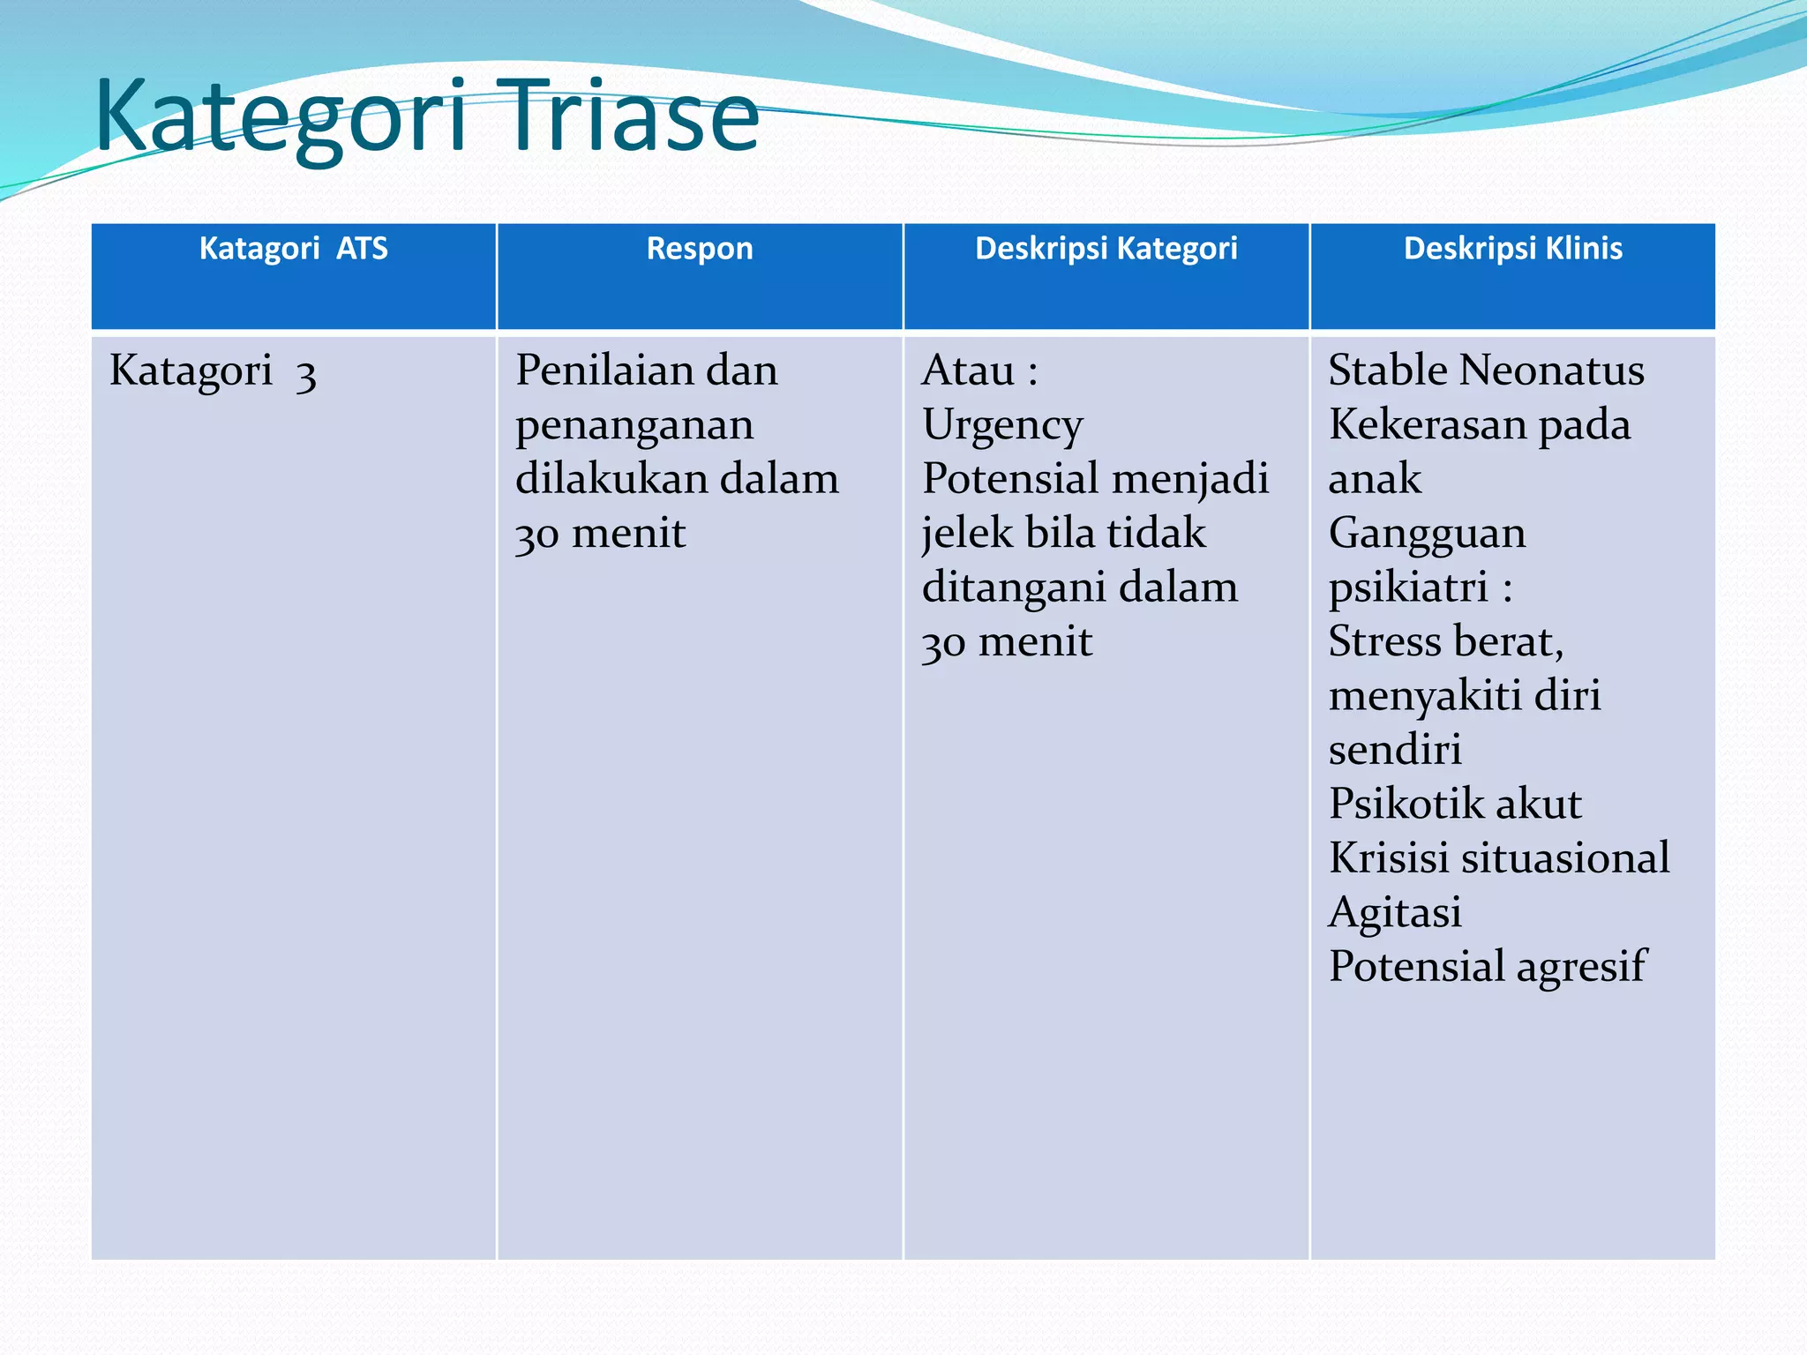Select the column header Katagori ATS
coord(293,249)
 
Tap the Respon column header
coord(700,249)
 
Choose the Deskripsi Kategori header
coord(1106,249)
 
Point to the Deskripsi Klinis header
coord(1512,249)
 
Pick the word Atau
coord(968,371)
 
